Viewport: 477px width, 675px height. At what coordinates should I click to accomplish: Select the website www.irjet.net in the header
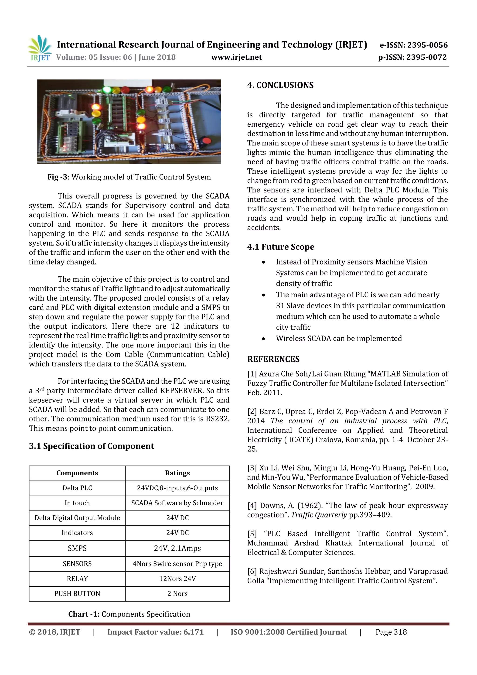(236, 57)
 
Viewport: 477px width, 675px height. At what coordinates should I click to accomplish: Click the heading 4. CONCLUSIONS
(280, 85)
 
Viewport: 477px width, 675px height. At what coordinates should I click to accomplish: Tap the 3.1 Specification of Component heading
(91, 446)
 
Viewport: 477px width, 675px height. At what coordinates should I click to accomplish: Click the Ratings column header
(177, 473)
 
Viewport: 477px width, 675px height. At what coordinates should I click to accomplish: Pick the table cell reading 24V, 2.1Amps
(177, 548)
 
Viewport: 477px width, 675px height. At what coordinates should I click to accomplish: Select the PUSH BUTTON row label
(77, 593)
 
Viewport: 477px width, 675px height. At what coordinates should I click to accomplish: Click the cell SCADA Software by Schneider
(177, 503)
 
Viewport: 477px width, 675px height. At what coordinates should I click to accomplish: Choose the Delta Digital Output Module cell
(77, 518)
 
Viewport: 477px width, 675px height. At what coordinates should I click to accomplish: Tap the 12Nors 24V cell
(177, 579)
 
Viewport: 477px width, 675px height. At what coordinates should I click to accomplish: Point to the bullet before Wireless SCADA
(263, 339)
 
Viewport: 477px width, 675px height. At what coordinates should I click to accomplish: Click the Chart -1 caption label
(84, 614)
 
